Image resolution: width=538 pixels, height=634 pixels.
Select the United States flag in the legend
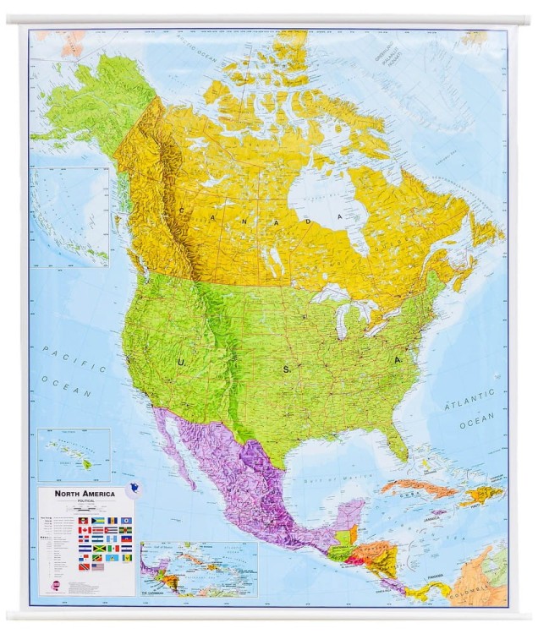tap(96, 567)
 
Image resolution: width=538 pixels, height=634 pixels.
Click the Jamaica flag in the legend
tap(96, 549)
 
